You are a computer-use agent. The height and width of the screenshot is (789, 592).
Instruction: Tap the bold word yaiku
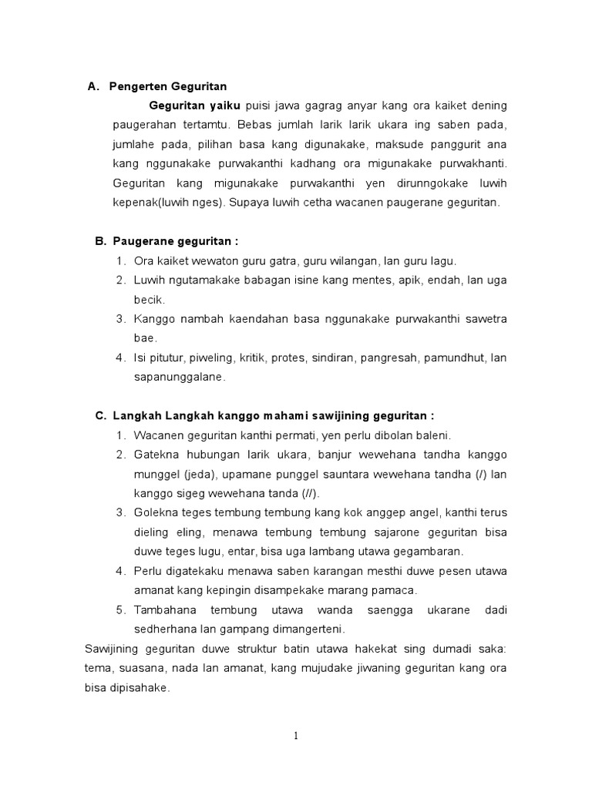tap(223, 105)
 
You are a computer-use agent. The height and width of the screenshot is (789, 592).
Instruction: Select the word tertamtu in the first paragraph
tap(203, 125)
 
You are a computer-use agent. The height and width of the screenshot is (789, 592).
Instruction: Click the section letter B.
tap(100, 241)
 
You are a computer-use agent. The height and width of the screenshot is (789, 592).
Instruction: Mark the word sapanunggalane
tap(179, 377)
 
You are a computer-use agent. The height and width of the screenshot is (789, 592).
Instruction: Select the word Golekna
tap(156, 512)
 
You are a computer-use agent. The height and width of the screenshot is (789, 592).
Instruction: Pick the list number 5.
tap(121, 609)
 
